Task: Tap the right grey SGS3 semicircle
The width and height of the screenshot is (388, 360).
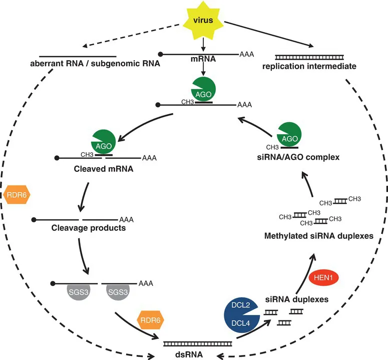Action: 118,292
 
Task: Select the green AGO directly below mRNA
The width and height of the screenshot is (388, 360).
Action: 204,90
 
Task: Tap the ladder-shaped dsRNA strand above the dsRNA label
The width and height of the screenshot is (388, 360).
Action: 198,343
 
